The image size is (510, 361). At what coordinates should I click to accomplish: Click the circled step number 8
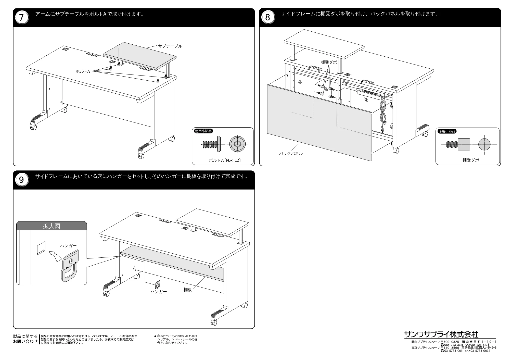coord(267,18)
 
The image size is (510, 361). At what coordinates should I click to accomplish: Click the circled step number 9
coord(21,180)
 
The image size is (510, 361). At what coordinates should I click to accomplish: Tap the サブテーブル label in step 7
coord(170,46)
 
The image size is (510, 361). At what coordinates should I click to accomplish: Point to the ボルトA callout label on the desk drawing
coord(83,71)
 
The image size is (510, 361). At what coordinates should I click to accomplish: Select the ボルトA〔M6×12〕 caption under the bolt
coord(225,160)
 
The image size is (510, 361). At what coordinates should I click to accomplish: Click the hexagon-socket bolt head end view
coord(237,145)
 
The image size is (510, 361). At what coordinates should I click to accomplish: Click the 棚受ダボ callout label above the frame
coord(329,62)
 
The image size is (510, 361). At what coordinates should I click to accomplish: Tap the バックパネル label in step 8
coord(291,154)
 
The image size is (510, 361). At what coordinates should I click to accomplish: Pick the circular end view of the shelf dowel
coord(484,144)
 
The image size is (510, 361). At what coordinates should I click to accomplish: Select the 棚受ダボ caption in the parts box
coord(471,160)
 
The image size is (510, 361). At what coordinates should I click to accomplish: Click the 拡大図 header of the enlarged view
coord(52,226)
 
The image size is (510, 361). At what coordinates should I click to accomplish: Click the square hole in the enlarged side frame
coord(41,248)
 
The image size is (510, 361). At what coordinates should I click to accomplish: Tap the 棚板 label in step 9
coord(188,290)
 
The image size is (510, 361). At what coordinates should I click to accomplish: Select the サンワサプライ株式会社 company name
coord(441,334)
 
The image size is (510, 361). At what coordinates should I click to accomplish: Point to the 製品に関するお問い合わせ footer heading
coord(25,339)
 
